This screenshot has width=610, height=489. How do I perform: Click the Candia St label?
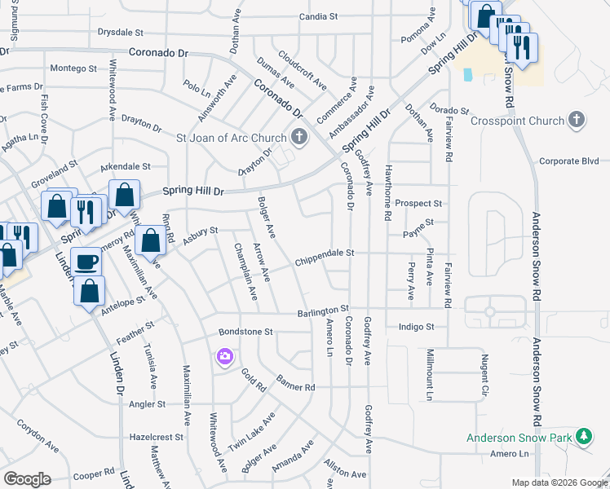pyautogui.click(x=318, y=16)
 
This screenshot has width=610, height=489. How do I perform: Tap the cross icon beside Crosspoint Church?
pyautogui.click(x=577, y=120)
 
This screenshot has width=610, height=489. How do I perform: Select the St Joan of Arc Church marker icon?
pyautogui.click(x=299, y=137)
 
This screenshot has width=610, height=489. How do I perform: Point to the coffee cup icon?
pyautogui.click(x=86, y=262)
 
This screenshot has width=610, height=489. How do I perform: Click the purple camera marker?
pyautogui.click(x=224, y=356)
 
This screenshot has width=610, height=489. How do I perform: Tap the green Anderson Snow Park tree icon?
pyautogui.click(x=583, y=437)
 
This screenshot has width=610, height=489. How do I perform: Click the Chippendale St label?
pyautogui.click(x=325, y=253)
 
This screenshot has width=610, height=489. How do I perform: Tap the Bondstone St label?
pyautogui.click(x=245, y=333)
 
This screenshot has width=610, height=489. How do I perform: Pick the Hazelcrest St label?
pyautogui.click(x=157, y=438)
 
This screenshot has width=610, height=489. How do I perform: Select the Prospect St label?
pyautogui.click(x=418, y=203)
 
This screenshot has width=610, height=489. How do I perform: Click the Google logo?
pyautogui.click(x=27, y=479)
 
